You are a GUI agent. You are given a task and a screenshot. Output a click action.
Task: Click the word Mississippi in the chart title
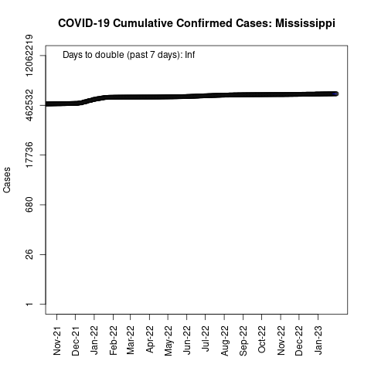click(305, 23)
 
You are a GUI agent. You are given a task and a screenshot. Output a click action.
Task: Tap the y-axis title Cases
click(7, 180)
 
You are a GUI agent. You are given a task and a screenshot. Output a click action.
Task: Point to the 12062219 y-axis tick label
click(29, 56)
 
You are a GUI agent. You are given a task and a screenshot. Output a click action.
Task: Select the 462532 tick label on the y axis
click(29, 105)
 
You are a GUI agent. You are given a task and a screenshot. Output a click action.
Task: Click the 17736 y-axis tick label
click(29, 155)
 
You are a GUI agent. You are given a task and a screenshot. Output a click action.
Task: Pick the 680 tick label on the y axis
click(29, 205)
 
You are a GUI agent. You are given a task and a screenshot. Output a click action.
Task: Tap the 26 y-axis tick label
click(29, 254)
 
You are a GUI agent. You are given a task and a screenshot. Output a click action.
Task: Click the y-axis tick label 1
click(29, 305)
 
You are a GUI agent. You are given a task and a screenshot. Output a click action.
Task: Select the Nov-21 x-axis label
click(57, 341)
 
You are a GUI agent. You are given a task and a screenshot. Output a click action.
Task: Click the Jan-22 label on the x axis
click(94, 340)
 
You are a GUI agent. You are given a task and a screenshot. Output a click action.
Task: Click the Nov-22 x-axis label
click(281, 341)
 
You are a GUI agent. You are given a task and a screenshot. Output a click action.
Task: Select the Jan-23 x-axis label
click(318, 340)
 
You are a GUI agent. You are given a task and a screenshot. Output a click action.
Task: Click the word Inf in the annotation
click(190, 55)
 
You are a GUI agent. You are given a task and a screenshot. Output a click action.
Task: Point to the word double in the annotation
click(110, 55)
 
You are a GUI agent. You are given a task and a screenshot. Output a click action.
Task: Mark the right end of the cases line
click(336, 94)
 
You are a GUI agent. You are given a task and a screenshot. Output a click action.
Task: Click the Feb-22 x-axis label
click(114, 340)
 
